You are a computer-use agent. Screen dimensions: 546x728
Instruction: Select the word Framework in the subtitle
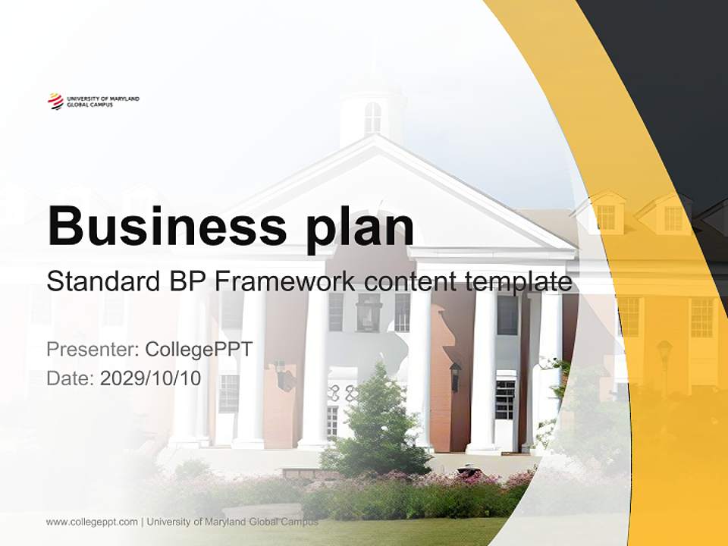[x=285, y=282]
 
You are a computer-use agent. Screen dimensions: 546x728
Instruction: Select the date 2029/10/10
[x=151, y=378]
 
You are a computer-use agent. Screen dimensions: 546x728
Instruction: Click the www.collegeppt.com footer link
[x=92, y=522]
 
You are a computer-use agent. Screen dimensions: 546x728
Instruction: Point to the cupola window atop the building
[x=372, y=118]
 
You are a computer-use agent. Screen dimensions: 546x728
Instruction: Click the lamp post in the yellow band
[x=664, y=364]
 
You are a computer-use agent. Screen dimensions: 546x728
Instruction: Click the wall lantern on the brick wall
[x=455, y=375]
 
